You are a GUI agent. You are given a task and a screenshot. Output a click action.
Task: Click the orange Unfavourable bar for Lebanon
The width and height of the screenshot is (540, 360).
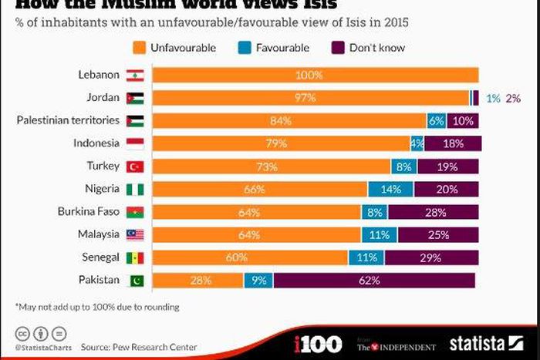point(315,75)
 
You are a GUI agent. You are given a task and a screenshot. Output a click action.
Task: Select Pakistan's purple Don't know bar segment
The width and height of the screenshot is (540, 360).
point(373,281)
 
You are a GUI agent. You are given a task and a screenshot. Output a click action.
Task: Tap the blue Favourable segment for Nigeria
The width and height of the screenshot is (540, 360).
point(390,189)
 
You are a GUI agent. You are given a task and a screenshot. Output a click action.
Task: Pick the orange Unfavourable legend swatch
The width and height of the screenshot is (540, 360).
point(140,48)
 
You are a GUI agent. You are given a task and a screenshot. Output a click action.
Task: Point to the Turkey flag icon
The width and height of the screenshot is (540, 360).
point(135,167)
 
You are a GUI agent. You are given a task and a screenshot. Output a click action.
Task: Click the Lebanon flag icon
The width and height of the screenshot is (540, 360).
point(135,75)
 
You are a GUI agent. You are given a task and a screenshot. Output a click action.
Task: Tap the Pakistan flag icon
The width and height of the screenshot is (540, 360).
point(135,281)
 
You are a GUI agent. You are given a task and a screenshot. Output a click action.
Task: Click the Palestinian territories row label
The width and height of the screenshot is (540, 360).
point(68,120)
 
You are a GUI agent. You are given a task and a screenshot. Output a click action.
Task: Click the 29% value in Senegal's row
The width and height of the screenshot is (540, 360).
point(431,257)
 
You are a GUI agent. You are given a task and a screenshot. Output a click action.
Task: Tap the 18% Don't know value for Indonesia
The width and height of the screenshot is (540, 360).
point(452,143)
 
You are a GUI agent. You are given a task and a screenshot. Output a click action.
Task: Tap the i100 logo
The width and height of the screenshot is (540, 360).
point(318,344)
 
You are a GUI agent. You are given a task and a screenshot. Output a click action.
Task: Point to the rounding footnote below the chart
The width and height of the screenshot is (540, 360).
point(97,307)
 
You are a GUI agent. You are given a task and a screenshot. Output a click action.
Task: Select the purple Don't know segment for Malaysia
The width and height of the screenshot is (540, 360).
point(437,234)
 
